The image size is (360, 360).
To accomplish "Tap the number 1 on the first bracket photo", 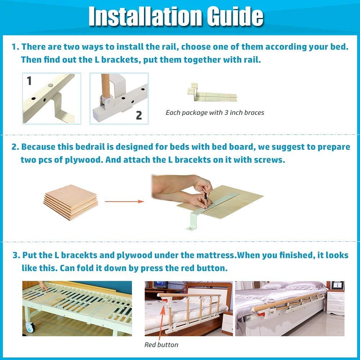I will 29,81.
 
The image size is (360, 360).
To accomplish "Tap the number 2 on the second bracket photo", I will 139,115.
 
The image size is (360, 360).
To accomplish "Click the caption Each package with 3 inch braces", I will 215,113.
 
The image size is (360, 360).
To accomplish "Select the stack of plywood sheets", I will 71,201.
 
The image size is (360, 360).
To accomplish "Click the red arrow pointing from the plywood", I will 124,201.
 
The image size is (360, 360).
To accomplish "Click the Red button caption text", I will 161,345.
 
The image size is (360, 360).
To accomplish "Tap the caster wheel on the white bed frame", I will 30,327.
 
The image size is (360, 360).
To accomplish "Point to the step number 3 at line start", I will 15,255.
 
